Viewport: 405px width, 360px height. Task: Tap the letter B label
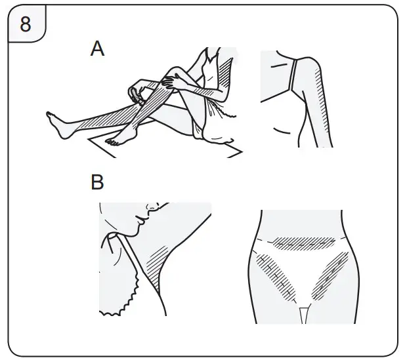click(x=97, y=182)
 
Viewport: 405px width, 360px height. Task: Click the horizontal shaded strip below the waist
click(x=305, y=243)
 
